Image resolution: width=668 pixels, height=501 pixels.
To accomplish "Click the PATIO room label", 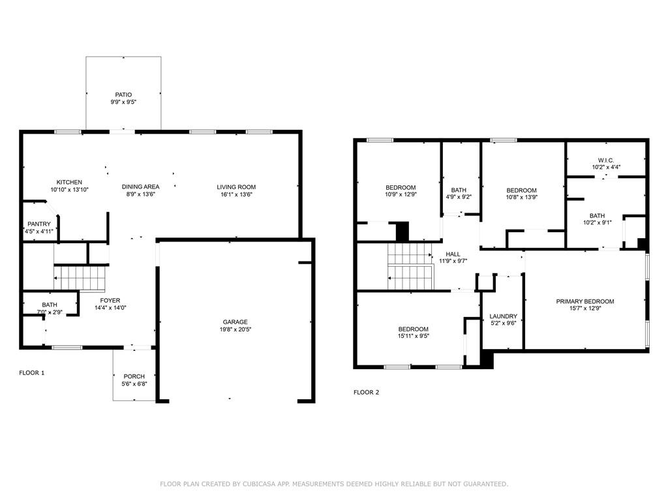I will coord(123,95).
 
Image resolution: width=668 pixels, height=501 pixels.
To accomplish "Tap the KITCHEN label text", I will coord(69,182).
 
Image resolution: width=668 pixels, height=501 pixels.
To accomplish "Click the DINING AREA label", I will coord(141,187).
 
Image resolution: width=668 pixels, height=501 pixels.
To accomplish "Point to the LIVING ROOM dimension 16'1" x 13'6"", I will coord(236,194).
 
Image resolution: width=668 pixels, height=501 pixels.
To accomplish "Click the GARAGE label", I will coord(235,322).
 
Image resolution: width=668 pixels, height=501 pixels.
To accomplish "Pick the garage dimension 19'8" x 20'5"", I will coord(235,329).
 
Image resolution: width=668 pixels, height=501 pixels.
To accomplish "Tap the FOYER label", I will coord(110,300).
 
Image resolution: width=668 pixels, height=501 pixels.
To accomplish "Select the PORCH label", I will coord(134,376).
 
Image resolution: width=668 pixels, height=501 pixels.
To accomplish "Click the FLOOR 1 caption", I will coord(32,373).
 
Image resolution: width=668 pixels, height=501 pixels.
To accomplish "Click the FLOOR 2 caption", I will coord(366,393).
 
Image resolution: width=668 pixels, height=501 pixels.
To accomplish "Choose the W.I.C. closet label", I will coord(606,159).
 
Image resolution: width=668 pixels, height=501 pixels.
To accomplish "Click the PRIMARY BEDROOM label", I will coord(585,301).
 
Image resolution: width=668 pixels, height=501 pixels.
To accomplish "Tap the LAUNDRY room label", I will coord(503,316).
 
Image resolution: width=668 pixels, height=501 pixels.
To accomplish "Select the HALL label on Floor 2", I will coord(453,254).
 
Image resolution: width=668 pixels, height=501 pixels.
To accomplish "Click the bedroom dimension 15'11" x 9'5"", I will coord(414,337).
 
